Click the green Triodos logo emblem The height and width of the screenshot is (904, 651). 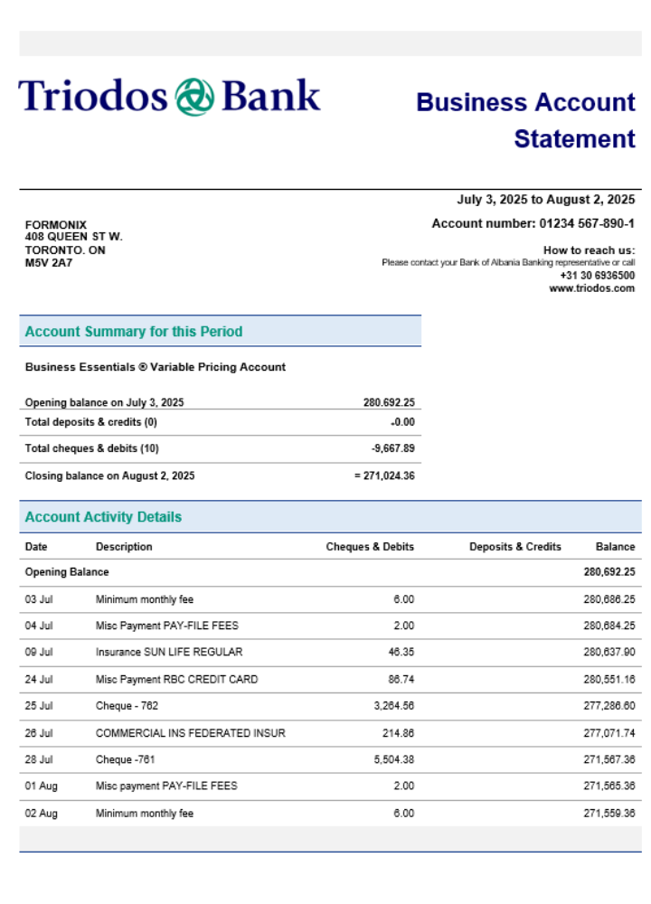[194, 97]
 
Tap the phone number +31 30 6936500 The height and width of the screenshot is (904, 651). [597, 276]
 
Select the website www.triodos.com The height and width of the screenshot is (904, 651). [591, 288]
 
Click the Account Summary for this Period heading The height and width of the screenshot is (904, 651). [134, 332]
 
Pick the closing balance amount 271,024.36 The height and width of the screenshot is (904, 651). [389, 476]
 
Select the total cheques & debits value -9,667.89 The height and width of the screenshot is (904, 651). [393, 448]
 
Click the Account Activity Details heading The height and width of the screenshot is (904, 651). [103, 517]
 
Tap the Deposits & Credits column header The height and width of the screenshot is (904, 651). [514, 547]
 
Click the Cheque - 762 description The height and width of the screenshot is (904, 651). [127, 706]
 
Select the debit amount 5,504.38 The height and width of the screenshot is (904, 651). [394, 759]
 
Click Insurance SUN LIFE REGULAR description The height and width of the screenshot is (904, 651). [169, 652]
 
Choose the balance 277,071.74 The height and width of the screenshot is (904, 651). [609, 733]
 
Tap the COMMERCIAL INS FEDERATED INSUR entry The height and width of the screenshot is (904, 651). [190, 733]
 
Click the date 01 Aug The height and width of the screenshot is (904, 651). [41, 786]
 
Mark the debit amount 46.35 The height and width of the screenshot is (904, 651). [401, 652]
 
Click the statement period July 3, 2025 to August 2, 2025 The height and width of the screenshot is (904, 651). [546, 200]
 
